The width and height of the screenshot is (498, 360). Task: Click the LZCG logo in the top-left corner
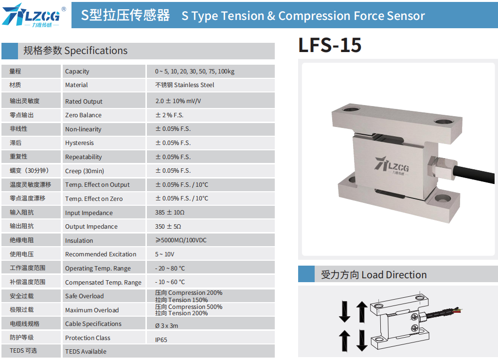click(34, 15)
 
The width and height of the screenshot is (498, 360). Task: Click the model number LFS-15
click(330, 45)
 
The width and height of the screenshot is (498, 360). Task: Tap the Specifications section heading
click(75, 51)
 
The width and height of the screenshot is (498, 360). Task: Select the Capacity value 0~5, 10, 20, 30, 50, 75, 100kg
click(195, 72)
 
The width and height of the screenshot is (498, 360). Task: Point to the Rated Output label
click(84, 101)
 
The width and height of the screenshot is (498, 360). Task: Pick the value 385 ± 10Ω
click(170, 212)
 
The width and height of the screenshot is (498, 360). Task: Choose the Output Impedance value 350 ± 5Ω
click(168, 226)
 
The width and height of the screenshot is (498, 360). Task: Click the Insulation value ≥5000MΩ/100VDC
click(181, 240)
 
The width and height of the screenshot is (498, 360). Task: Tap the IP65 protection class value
click(161, 340)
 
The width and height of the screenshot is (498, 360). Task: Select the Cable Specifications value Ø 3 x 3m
click(166, 325)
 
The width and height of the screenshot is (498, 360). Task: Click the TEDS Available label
click(86, 351)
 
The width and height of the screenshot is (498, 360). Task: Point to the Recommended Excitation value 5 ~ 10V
click(164, 254)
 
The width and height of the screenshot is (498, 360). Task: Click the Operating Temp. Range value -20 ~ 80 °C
click(170, 268)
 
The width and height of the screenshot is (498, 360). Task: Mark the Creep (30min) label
click(85, 171)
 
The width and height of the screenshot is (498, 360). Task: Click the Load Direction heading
click(373, 274)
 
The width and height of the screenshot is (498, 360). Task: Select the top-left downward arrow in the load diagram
click(345, 312)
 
